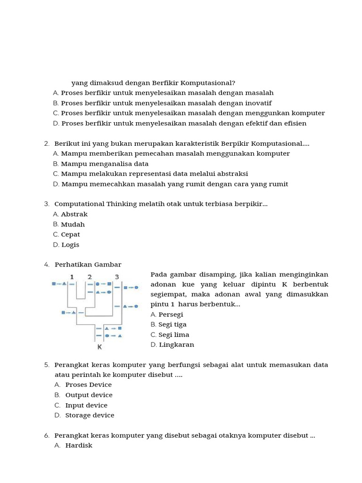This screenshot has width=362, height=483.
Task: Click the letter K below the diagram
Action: (x=99, y=347)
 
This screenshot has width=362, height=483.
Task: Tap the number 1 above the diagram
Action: (x=72, y=276)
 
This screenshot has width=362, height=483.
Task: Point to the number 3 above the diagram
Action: (x=117, y=276)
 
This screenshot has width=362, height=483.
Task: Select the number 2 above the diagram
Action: (x=90, y=276)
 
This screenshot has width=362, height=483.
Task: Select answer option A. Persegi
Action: (x=167, y=315)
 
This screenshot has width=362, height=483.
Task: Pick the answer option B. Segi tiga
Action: (x=168, y=325)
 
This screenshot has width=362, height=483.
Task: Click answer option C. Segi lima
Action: (x=170, y=335)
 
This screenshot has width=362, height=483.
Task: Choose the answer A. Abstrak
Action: (x=70, y=214)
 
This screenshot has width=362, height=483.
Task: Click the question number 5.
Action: (x=47, y=365)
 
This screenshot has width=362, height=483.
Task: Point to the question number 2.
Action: (x=47, y=143)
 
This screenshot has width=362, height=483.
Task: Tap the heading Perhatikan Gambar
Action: (x=88, y=265)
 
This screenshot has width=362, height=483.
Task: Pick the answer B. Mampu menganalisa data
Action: (x=101, y=164)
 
